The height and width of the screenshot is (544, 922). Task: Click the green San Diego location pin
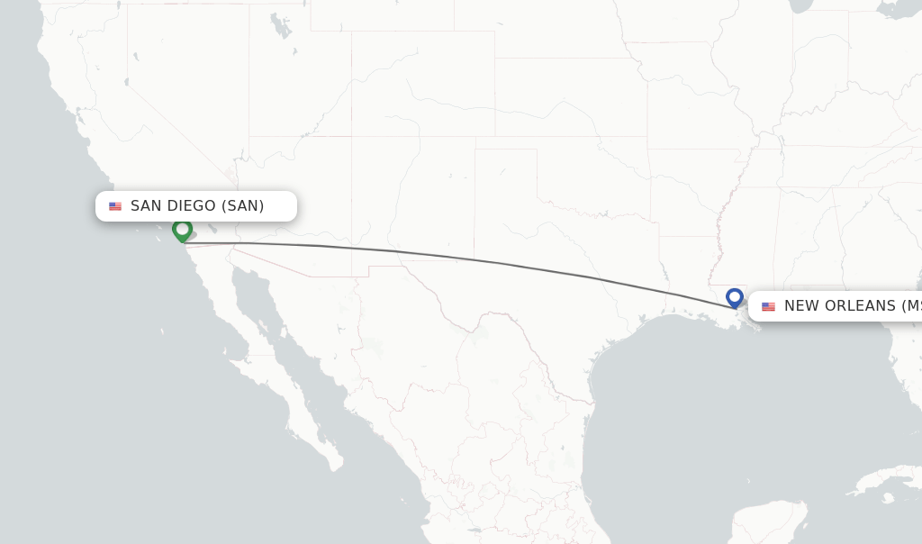(182, 230)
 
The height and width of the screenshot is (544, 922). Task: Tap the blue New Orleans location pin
(735, 297)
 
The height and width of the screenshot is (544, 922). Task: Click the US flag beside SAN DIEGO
(115, 206)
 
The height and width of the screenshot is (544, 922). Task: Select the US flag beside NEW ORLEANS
(768, 307)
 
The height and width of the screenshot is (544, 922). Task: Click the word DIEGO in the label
(192, 206)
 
